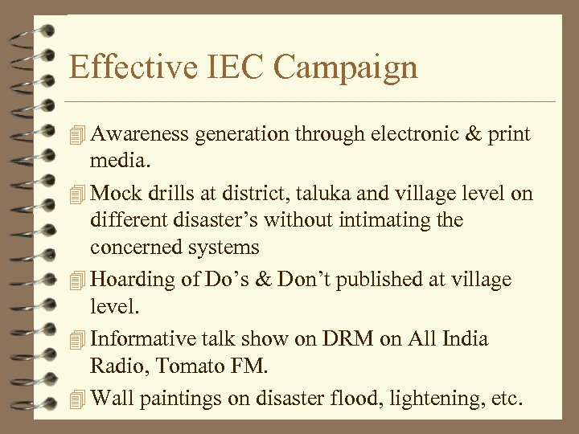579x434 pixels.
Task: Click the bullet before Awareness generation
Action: click(77, 134)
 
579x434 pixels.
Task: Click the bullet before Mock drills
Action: click(77, 194)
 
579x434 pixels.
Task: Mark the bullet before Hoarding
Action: click(77, 280)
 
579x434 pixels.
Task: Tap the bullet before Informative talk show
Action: click(77, 339)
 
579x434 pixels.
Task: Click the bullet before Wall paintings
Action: click(77, 398)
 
